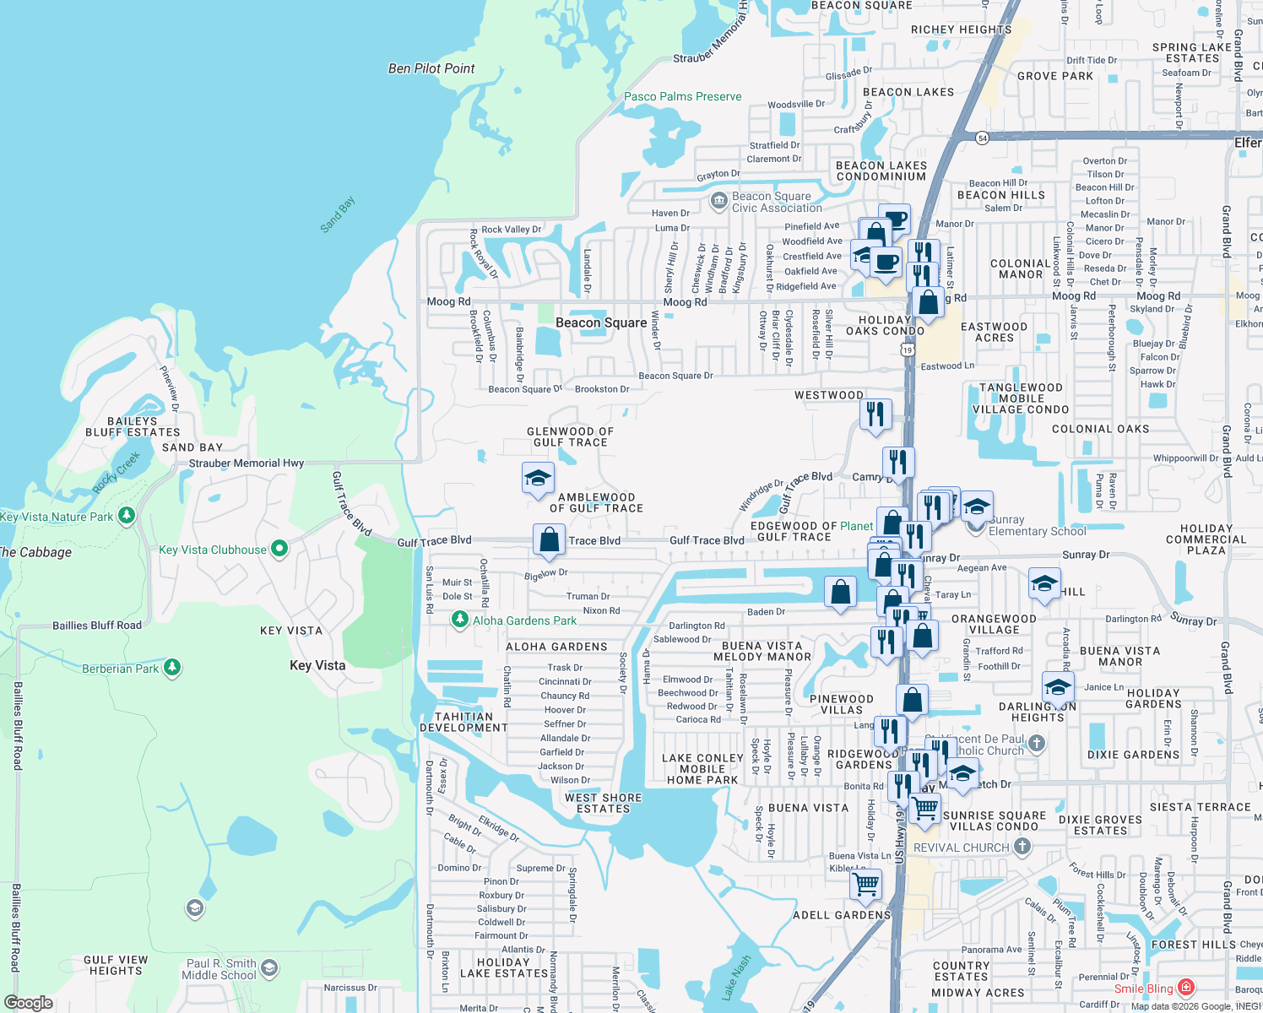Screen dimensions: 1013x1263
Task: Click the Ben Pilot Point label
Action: tap(431, 68)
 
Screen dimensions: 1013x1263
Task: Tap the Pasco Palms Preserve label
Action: tap(682, 96)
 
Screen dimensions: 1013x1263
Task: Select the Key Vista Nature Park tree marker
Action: tap(127, 515)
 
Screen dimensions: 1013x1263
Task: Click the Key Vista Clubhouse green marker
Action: tap(279, 549)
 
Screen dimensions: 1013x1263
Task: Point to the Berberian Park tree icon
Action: tap(172, 668)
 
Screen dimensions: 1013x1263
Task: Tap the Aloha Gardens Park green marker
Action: tap(459, 620)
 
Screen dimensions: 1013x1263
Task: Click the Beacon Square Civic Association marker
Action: tap(719, 201)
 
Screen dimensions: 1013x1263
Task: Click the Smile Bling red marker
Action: tap(1186, 987)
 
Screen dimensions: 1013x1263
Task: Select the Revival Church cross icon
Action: tap(1022, 846)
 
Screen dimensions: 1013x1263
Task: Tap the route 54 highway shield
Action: tap(982, 138)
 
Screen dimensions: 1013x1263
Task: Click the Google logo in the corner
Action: tap(29, 1003)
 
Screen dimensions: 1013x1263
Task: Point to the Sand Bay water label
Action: tap(338, 214)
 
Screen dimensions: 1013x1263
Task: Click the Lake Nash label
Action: tap(736, 978)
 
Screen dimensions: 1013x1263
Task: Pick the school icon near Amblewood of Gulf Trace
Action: tap(538, 479)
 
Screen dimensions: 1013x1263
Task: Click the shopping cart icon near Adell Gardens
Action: tap(866, 884)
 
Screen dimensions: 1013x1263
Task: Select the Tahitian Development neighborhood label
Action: tap(463, 722)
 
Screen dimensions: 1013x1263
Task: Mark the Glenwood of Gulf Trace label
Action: tap(570, 436)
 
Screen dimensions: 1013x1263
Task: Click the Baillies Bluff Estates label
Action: tap(133, 426)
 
